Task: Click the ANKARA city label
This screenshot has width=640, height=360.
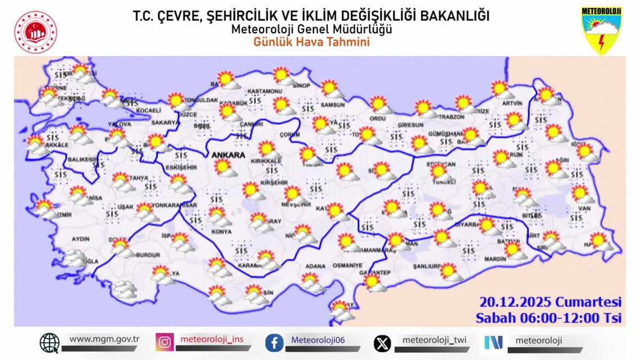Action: [228, 155]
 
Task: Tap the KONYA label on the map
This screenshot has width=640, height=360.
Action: [221, 232]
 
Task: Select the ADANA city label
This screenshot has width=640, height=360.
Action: [315, 266]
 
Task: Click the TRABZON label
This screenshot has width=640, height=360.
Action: [452, 117]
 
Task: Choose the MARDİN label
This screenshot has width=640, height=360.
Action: [496, 259]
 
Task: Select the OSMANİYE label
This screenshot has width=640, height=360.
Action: [348, 266]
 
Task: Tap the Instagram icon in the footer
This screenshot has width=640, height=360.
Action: [165, 342]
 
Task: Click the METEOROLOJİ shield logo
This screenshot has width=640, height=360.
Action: [601, 30]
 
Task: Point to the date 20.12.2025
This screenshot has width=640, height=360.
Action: [525, 302]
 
